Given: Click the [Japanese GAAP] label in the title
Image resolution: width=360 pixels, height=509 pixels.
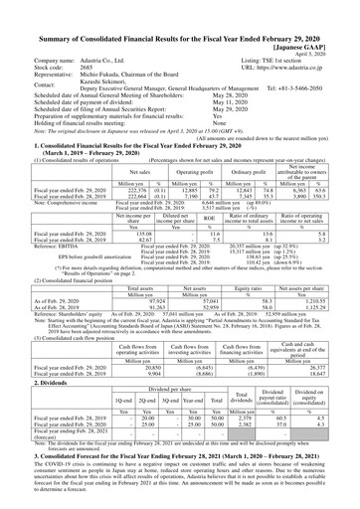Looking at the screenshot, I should (313, 19).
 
